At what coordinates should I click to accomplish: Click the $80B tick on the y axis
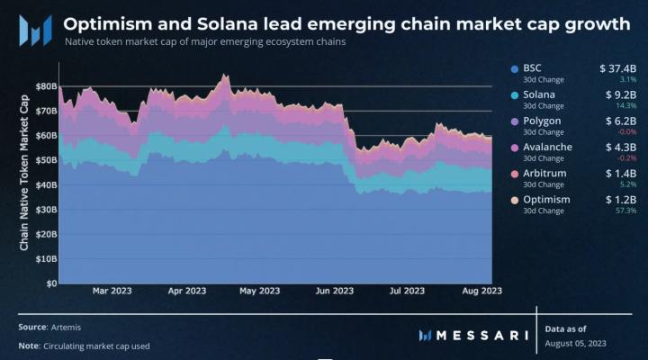pos(45,86)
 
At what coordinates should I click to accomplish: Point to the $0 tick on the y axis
pos(50,283)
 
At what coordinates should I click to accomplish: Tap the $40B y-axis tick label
pos(45,184)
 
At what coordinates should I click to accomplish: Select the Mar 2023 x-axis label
pos(112,291)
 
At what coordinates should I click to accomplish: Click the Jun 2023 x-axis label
pos(336,291)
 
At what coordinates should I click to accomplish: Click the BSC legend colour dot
pos(513,68)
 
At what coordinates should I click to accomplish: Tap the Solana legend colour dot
pos(513,94)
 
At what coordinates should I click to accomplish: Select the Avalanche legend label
pos(547,147)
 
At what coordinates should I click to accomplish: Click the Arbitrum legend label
pos(545,173)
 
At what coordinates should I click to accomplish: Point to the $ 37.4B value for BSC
pos(617,68)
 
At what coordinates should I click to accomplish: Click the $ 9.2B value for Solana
pos(620,94)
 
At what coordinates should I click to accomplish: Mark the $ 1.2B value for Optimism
pos(620,199)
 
